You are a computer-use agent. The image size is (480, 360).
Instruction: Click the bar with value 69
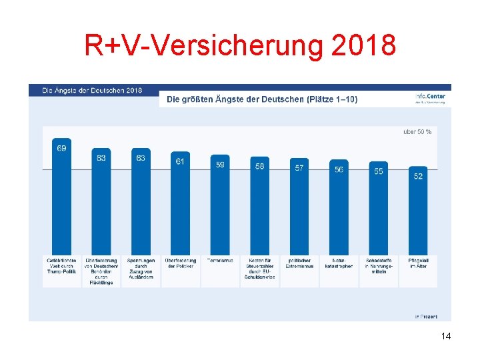(x=61, y=200)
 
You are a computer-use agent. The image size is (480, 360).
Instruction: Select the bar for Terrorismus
(x=220, y=207)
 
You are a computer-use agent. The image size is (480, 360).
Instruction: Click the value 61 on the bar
(x=180, y=161)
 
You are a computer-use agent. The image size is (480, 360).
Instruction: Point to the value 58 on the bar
(x=259, y=166)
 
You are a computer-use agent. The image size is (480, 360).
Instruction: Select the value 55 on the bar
(x=378, y=171)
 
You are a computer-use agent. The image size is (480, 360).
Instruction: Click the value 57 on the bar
(x=299, y=168)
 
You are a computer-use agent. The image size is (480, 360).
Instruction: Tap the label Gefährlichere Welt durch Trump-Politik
(x=61, y=266)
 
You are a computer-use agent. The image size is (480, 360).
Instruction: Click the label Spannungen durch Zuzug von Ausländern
(x=141, y=269)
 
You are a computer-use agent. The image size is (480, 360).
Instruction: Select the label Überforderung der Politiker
(x=180, y=263)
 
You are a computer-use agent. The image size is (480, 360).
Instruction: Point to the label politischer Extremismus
(x=299, y=263)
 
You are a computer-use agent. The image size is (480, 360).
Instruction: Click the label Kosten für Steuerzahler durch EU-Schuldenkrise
(x=259, y=269)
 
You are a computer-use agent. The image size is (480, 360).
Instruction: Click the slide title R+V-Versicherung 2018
(x=240, y=45)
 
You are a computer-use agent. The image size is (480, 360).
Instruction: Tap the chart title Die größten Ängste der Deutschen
(x=261, y=99)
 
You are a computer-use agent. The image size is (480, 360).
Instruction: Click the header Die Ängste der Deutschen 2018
(x=92, y=89)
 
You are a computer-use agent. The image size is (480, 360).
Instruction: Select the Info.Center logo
(x=430, y=97)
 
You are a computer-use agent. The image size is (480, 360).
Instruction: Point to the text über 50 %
(x=417, y=131)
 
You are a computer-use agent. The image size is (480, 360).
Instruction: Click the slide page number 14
(x=446, y=336)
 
